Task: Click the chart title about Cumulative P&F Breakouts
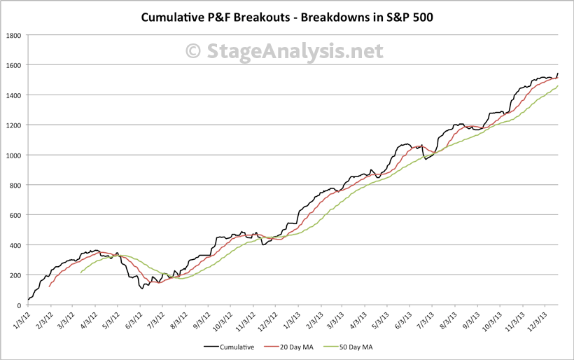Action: coord(287,16)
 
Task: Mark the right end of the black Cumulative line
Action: coord(558,73)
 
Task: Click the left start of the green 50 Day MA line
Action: coord(81,272)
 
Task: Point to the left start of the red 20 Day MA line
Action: coord(49,286)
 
